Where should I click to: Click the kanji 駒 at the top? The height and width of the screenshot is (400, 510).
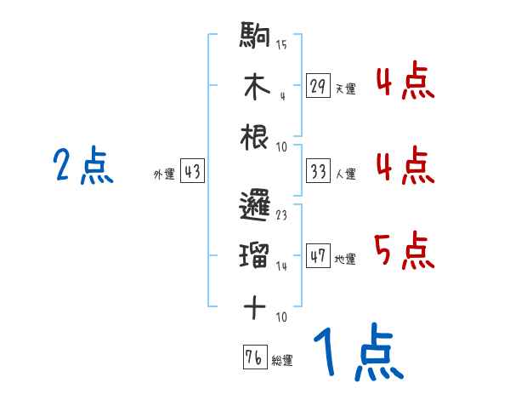click(255, 38)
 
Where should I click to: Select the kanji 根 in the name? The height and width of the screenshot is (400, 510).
click(255, 136)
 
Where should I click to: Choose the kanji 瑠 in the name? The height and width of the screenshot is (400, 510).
click(255, 255)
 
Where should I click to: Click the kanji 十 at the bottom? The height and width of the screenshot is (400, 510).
click(255, 306)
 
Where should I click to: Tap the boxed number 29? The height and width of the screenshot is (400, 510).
click(318, 86)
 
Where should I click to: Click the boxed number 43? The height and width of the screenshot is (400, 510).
click(192, 173)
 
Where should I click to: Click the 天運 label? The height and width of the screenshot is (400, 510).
click(345, 89)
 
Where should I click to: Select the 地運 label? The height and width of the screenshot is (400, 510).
click(345, 259)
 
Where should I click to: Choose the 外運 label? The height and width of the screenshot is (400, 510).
click(163, 174)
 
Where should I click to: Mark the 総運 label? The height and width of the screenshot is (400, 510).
click(282, 360)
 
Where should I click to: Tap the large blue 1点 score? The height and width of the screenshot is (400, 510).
click(357, 353)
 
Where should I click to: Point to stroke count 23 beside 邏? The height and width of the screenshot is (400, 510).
click(281, 215)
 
